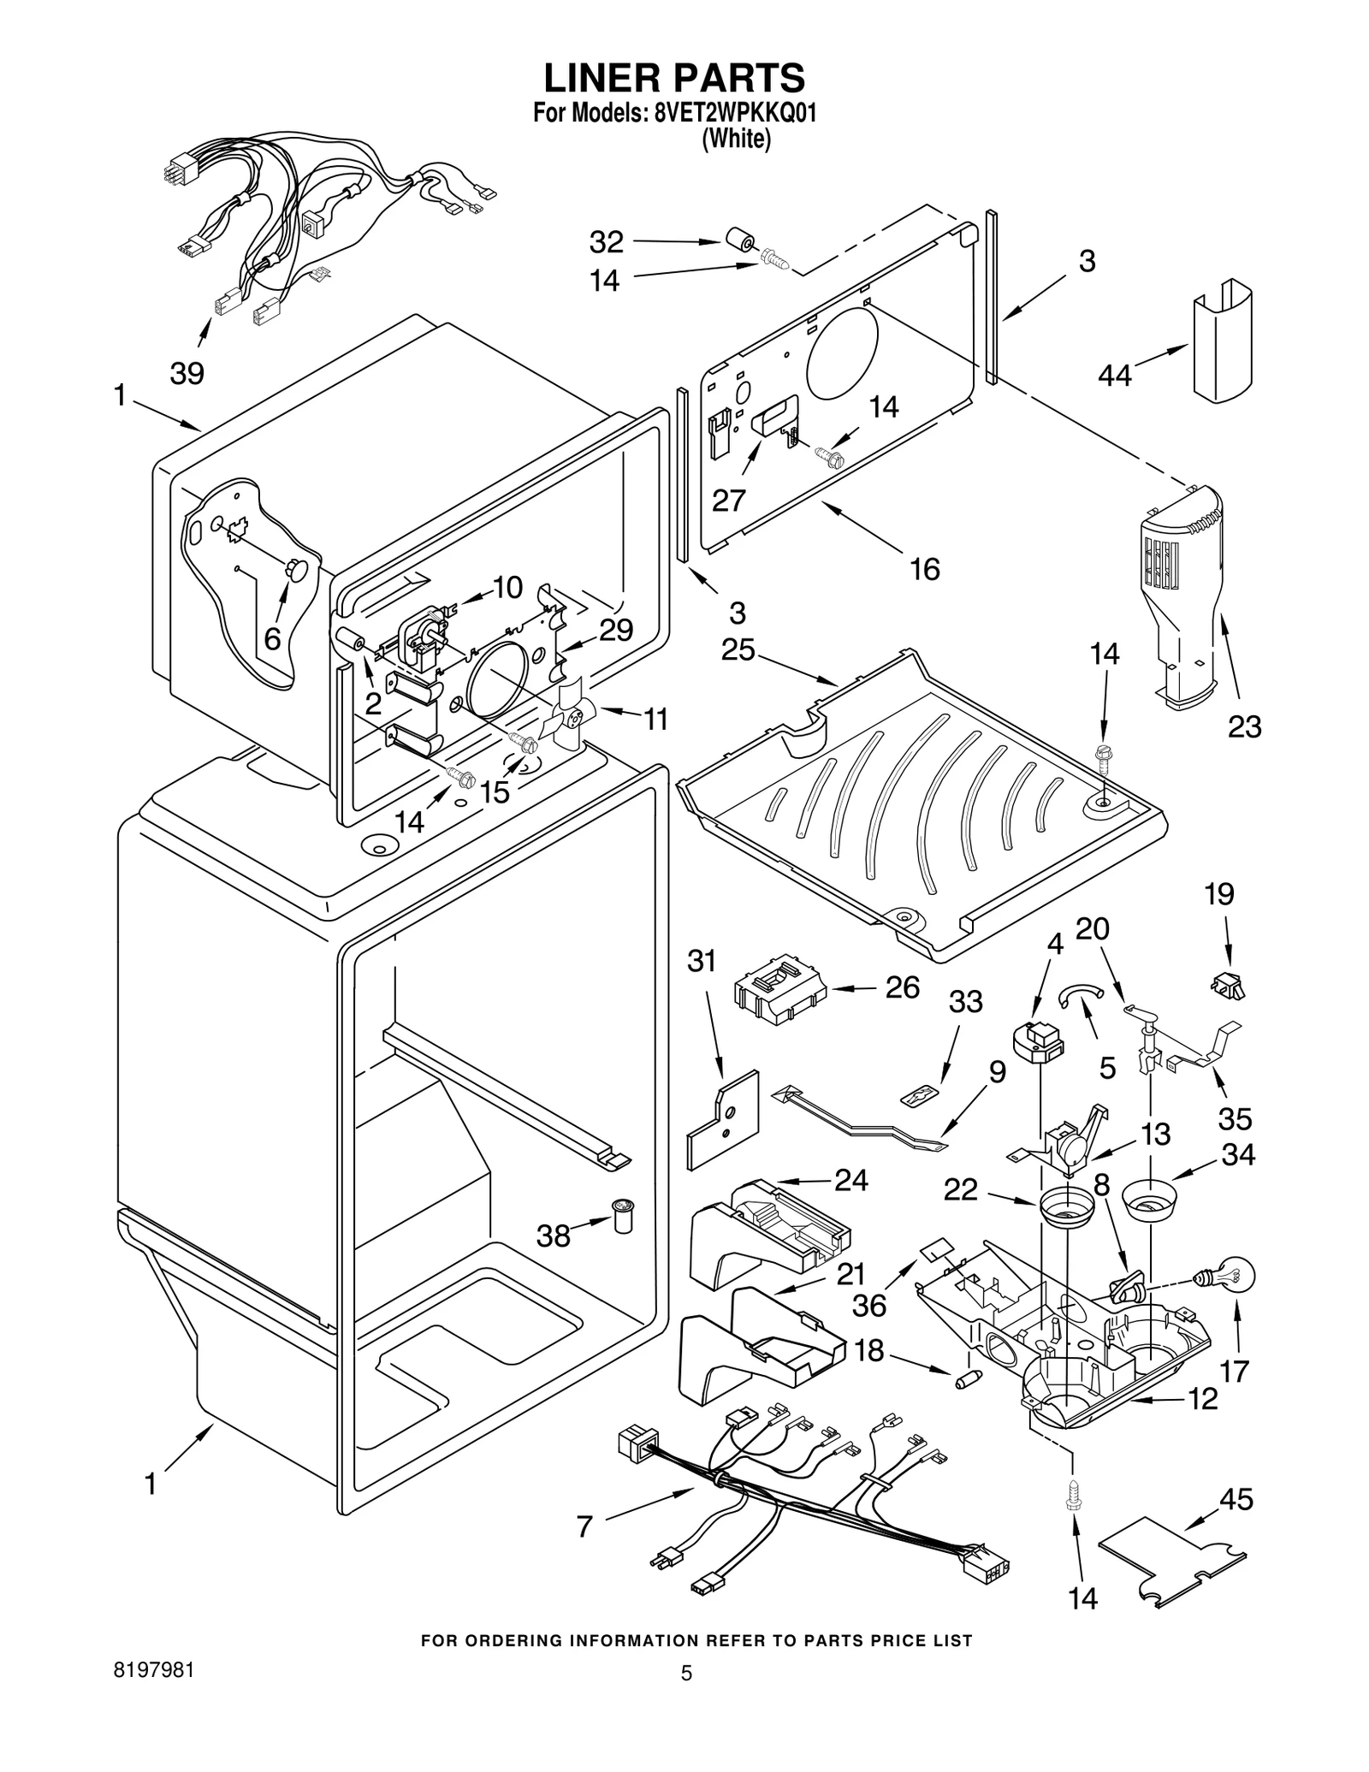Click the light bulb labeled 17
click(1233, 1278)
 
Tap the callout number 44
click(1115, 374)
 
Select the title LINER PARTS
click(674, 78)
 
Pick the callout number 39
click(187, 374)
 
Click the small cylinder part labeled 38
click(622, 1215)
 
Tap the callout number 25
click(738, 650)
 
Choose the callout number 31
click(702, 961)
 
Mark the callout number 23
click(1244, 726)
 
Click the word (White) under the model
click(736, 139)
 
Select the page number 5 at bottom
click(685, 1698)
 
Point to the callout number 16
click(925, 568)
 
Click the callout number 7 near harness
click(584, 1526)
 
